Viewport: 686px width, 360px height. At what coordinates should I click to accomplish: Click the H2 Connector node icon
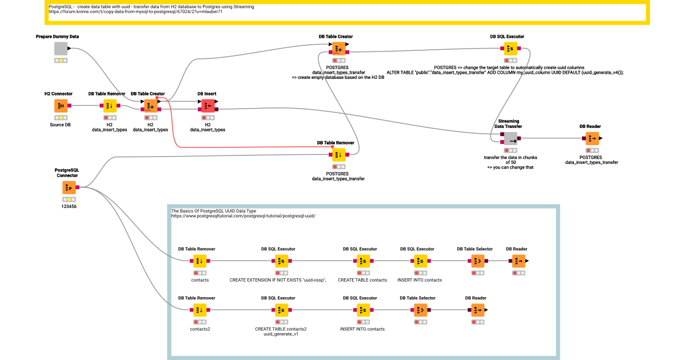(61, 106)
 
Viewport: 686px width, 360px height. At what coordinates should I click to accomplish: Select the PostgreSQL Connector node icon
(69, 187)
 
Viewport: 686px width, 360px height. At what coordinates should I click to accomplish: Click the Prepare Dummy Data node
(61, 49)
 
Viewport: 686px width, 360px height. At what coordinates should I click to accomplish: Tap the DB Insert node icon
(207, 106)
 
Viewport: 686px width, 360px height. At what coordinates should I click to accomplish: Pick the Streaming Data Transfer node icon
(510, 138)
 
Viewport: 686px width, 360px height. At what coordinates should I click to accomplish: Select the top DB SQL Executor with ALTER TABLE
(510, 49)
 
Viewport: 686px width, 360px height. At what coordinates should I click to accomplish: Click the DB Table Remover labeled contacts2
(199, 310)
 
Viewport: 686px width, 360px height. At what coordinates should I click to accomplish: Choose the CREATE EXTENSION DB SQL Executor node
(281, 261)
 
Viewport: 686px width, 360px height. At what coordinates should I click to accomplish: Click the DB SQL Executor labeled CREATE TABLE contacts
(362, 261)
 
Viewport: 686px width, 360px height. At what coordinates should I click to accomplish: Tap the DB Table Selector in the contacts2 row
(420, 310)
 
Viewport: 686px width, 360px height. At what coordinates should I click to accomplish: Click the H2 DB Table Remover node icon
(110, 106)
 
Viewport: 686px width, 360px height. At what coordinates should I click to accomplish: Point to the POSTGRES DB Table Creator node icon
(338, 49)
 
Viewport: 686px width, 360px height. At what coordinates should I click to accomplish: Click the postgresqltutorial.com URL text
(243, 216)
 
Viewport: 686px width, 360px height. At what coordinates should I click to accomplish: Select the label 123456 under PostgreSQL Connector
(69, 206)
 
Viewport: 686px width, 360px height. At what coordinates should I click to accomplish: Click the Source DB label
(61, 125)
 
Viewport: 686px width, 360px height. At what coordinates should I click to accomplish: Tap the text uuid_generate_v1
(281, 334)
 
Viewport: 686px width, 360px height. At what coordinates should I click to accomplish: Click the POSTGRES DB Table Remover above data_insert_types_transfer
(338, 154)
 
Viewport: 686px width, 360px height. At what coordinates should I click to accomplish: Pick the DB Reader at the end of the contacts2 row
(477, 310)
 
